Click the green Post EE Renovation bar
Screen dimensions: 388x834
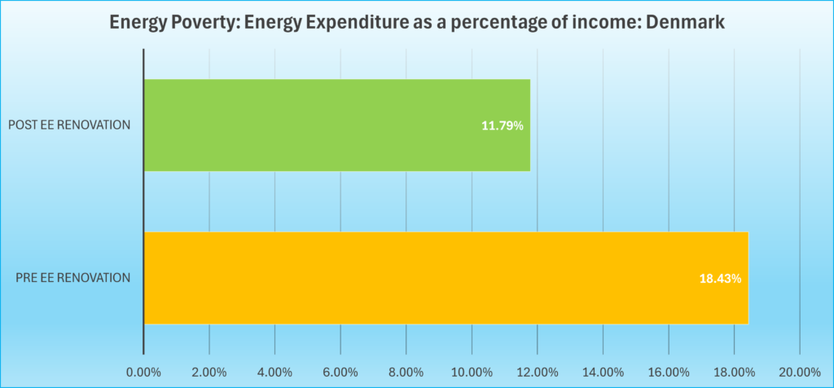coord(336,126)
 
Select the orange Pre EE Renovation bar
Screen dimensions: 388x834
coord(446,278)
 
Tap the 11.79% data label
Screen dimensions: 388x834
coord(502,126)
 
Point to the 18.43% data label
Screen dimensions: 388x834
coord(720,279)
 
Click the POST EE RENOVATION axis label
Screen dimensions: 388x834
coord(69,126)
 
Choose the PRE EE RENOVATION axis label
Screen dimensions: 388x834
coord(73,278)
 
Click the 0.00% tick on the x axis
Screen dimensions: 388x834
coord(143,373)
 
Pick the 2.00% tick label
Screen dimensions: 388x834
coord(209,373)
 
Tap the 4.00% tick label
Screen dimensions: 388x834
coord(274,373)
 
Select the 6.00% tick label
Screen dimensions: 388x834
coord(340,373)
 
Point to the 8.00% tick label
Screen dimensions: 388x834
coord(406,373)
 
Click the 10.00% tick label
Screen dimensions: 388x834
coord(472,373)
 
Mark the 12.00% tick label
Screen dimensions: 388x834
coord(537,373)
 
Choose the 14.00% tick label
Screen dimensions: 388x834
coord(603,373)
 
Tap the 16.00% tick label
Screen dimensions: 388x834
coord(668,373)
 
